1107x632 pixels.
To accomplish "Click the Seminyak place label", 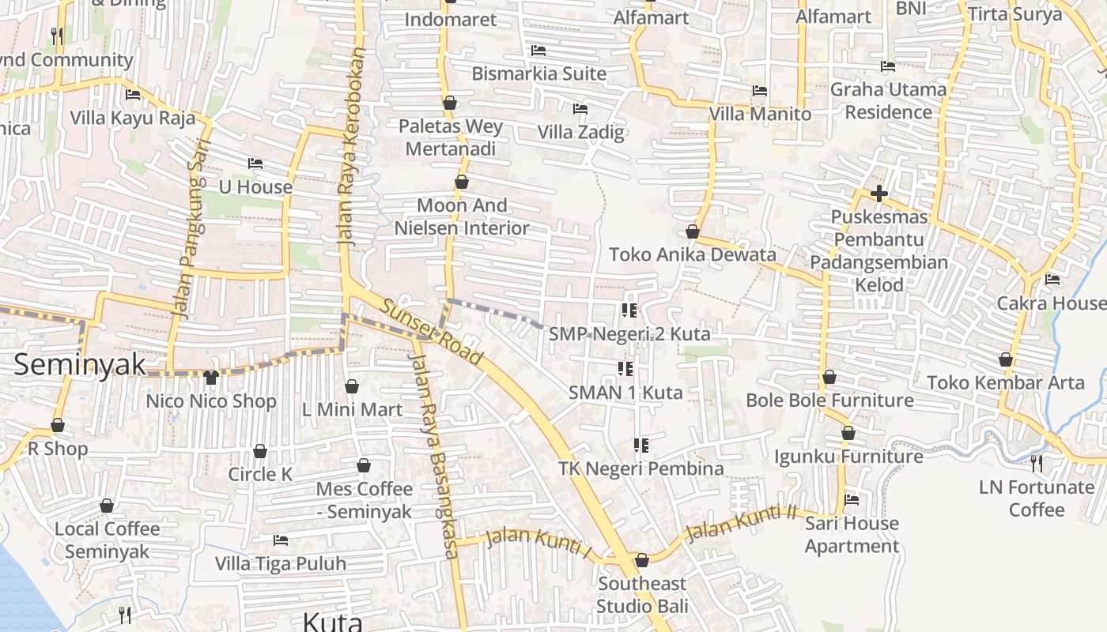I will (x=81, y=364).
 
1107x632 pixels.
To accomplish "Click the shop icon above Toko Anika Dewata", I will (x=693, y=231).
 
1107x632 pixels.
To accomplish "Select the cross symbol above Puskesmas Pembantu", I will (x=878, y=194).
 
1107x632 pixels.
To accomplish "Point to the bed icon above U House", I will (x=255, y=164).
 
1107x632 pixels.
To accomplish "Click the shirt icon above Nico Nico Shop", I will (x=210, y=378).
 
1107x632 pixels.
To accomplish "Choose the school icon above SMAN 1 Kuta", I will (x=625, y=368).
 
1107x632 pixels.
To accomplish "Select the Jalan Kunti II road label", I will (x=741, y=523).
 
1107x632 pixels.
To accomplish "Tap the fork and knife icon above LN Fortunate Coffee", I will (x=1037, y=463).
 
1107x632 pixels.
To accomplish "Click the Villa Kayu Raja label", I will (x=132, y=118).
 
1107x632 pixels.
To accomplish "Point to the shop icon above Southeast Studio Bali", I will (x=642, y=560).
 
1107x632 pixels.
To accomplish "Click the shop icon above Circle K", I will (x=260, y=451).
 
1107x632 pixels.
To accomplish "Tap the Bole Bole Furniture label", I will (x=829, y=401).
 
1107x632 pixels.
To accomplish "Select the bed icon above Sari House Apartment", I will (x=852, y=499).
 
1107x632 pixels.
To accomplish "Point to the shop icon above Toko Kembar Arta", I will (x=1006, y=359).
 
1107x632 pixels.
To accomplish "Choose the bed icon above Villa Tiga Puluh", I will (x=281, y=540).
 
